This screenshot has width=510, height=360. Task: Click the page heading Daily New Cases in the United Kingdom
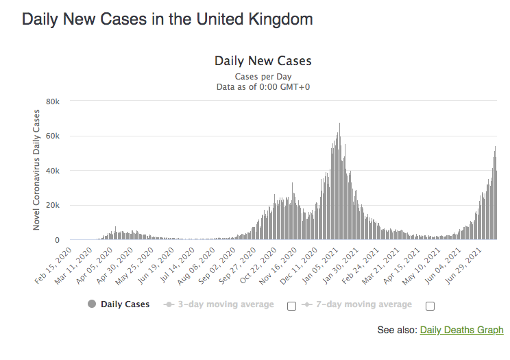click(167, 19)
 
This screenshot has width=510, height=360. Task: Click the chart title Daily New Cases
click(263, 61)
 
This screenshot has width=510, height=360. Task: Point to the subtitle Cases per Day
click(263, 76)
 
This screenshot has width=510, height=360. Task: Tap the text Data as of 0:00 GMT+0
click(263, 87)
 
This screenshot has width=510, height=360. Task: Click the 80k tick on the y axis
click(53, 101)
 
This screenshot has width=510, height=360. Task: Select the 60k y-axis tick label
click(53, 136)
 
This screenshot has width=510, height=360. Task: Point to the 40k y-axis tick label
click(53, 171)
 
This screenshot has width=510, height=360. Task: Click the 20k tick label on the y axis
click(53, 206)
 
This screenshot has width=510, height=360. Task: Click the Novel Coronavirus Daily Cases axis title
click(37, 171)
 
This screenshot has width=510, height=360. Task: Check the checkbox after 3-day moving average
click(291, 306)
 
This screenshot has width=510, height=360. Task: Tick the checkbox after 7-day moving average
click(430, 306)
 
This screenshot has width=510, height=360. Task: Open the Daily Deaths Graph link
click(461, 330)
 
